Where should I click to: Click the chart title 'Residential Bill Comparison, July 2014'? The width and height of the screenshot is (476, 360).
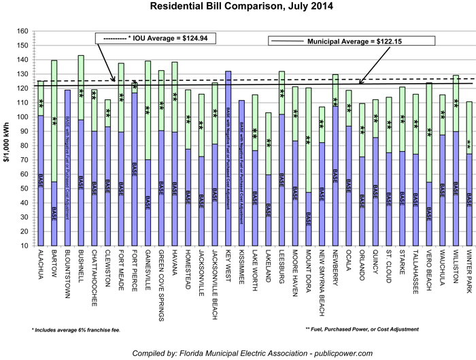tap(237, 7)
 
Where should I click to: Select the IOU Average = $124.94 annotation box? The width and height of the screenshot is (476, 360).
tap(156, 38)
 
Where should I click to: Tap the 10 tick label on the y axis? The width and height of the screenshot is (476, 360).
tap(23, 246)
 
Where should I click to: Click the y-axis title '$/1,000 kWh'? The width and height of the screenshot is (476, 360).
tap(8, 140)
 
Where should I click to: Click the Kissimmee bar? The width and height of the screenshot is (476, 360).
tap(241, 173)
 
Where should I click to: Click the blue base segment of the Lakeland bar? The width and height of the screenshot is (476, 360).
tap(268, 210)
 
